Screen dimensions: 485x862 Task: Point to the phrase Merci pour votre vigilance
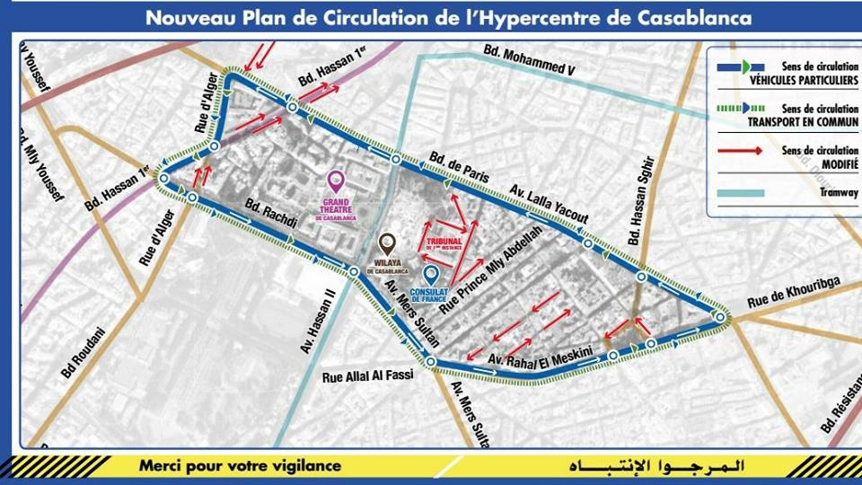(240, 465)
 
